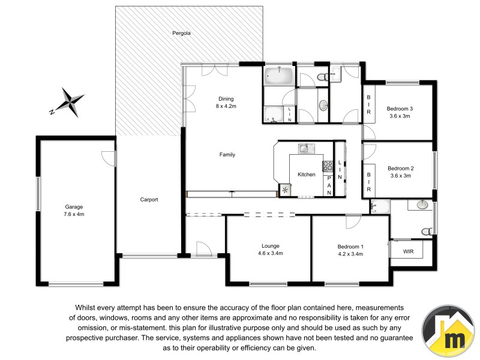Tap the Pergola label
point(181,34)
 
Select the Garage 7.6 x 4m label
point(74,209)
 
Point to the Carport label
point(149,200)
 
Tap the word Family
point(227,155)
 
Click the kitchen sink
point(305,148)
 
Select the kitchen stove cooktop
point(328,166)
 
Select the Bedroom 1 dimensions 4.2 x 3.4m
point(350,254)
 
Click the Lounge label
point(271,245)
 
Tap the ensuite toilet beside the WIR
point(427,230)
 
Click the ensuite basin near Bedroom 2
point(422,204)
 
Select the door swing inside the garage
point(107,158)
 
